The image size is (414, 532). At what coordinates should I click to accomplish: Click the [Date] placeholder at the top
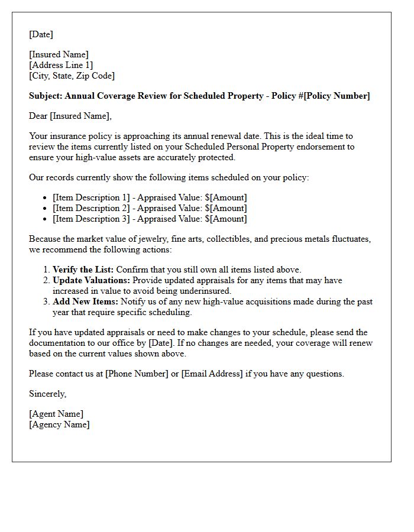point(41,34)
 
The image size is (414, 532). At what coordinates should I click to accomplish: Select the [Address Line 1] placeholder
point(61,65)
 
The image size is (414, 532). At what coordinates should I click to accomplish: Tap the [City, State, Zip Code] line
point(72,76)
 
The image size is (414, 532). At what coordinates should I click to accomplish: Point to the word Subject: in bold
point(46,96)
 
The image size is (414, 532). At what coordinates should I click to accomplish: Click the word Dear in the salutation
point(39,116)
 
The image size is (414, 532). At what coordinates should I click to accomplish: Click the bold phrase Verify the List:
point(83,270)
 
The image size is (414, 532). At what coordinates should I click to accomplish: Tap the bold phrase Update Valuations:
point(91,280)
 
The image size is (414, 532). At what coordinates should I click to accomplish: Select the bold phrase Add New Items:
point(85,301)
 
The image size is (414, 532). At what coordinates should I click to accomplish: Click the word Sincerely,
point(48,394)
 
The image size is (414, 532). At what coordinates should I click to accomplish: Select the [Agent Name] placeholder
point(56,414)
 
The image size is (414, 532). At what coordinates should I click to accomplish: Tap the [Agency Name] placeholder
point(59,424)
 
